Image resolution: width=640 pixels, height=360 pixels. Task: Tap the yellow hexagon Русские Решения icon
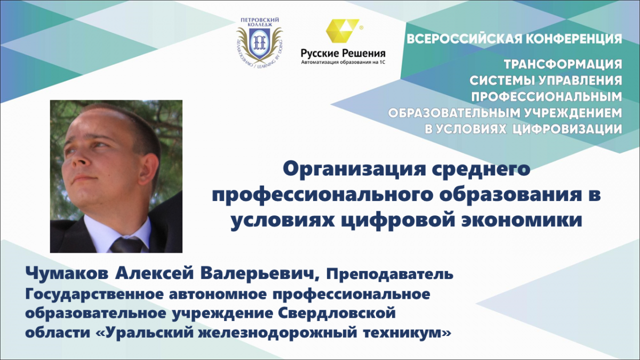click(x=342, y=30)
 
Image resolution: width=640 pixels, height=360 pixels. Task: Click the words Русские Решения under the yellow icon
click(x=343, y=53)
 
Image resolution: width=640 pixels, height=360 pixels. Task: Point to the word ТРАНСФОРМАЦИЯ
click(x=563, y=65)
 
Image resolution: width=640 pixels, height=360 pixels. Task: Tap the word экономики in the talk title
click(x=522, y=221)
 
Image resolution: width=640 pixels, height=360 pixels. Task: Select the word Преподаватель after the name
click(x=390, y=275)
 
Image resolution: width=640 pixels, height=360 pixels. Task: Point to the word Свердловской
click(x=337, y=313)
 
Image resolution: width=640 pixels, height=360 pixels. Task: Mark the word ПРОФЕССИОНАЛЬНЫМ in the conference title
click(x=547, y=97)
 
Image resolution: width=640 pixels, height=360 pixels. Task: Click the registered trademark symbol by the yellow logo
click(x=361, y=28)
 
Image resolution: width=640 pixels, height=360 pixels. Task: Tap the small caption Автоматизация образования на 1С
click(x=343, y=62)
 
